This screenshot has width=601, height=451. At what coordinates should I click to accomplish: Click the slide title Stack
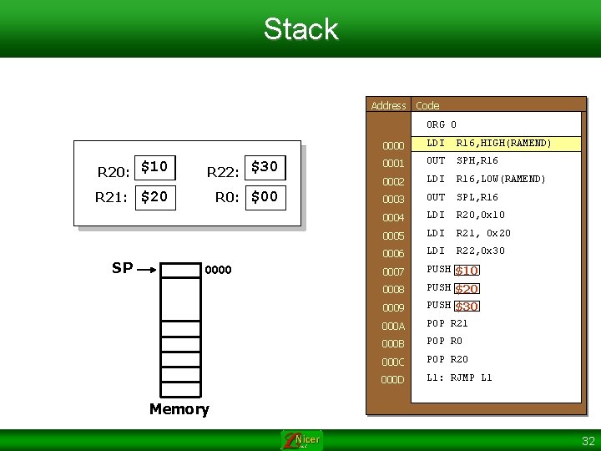pos(300,29)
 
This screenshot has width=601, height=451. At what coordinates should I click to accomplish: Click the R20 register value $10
pos(155,168)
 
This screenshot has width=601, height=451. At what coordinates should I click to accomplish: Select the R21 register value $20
pos(155,198)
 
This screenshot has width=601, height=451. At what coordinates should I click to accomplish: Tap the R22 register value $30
pos(265,167)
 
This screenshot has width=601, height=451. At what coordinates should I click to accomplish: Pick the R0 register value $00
pos(265,198)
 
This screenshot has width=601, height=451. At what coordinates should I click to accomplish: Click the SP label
pos(122,268)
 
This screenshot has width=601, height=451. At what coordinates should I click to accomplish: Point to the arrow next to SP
pos(148,270)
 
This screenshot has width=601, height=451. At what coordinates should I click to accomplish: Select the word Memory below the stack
pos(179,408)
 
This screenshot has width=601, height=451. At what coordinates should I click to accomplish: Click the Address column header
pos(388,105)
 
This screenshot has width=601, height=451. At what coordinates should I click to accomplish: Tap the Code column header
pos(427,105)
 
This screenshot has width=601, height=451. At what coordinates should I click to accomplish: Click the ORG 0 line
pos(442,125)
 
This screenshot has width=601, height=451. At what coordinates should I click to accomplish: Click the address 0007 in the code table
pos(393,271)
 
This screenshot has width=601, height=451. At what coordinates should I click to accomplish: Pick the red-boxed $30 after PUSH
pos(467,307)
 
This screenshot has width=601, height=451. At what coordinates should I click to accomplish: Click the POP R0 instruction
pos(444,342)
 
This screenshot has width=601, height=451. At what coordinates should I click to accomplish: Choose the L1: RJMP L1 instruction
pos(459,378)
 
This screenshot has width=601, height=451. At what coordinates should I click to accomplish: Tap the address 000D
pos(393,379)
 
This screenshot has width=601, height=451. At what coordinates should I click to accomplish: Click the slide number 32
pos(588,441)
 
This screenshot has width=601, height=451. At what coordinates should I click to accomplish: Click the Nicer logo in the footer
pos(300,440)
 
